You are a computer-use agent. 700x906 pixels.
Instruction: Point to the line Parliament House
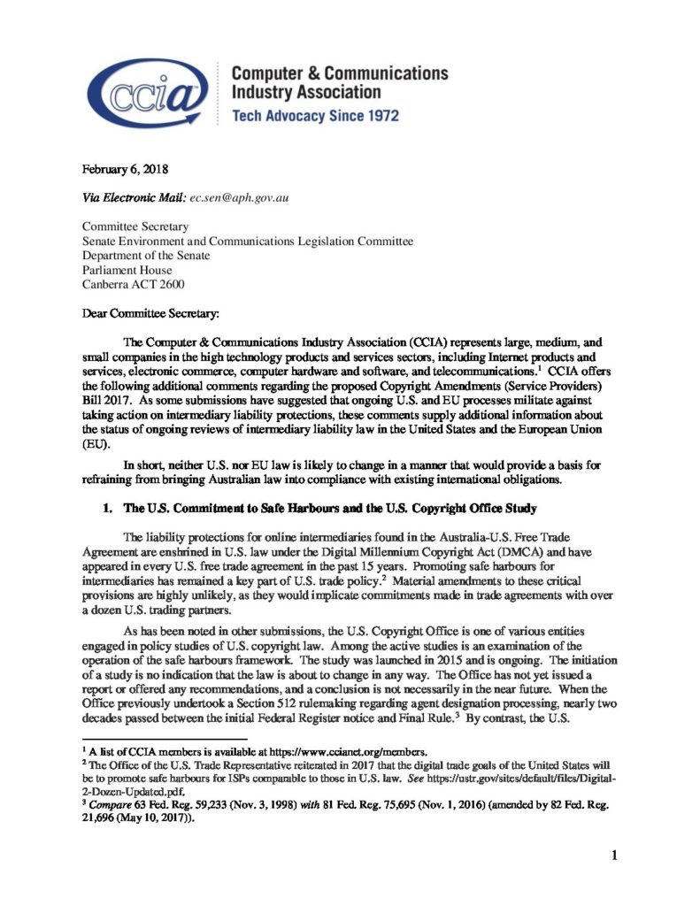point(125,270)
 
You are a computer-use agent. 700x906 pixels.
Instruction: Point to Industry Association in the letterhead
point(305,91)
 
